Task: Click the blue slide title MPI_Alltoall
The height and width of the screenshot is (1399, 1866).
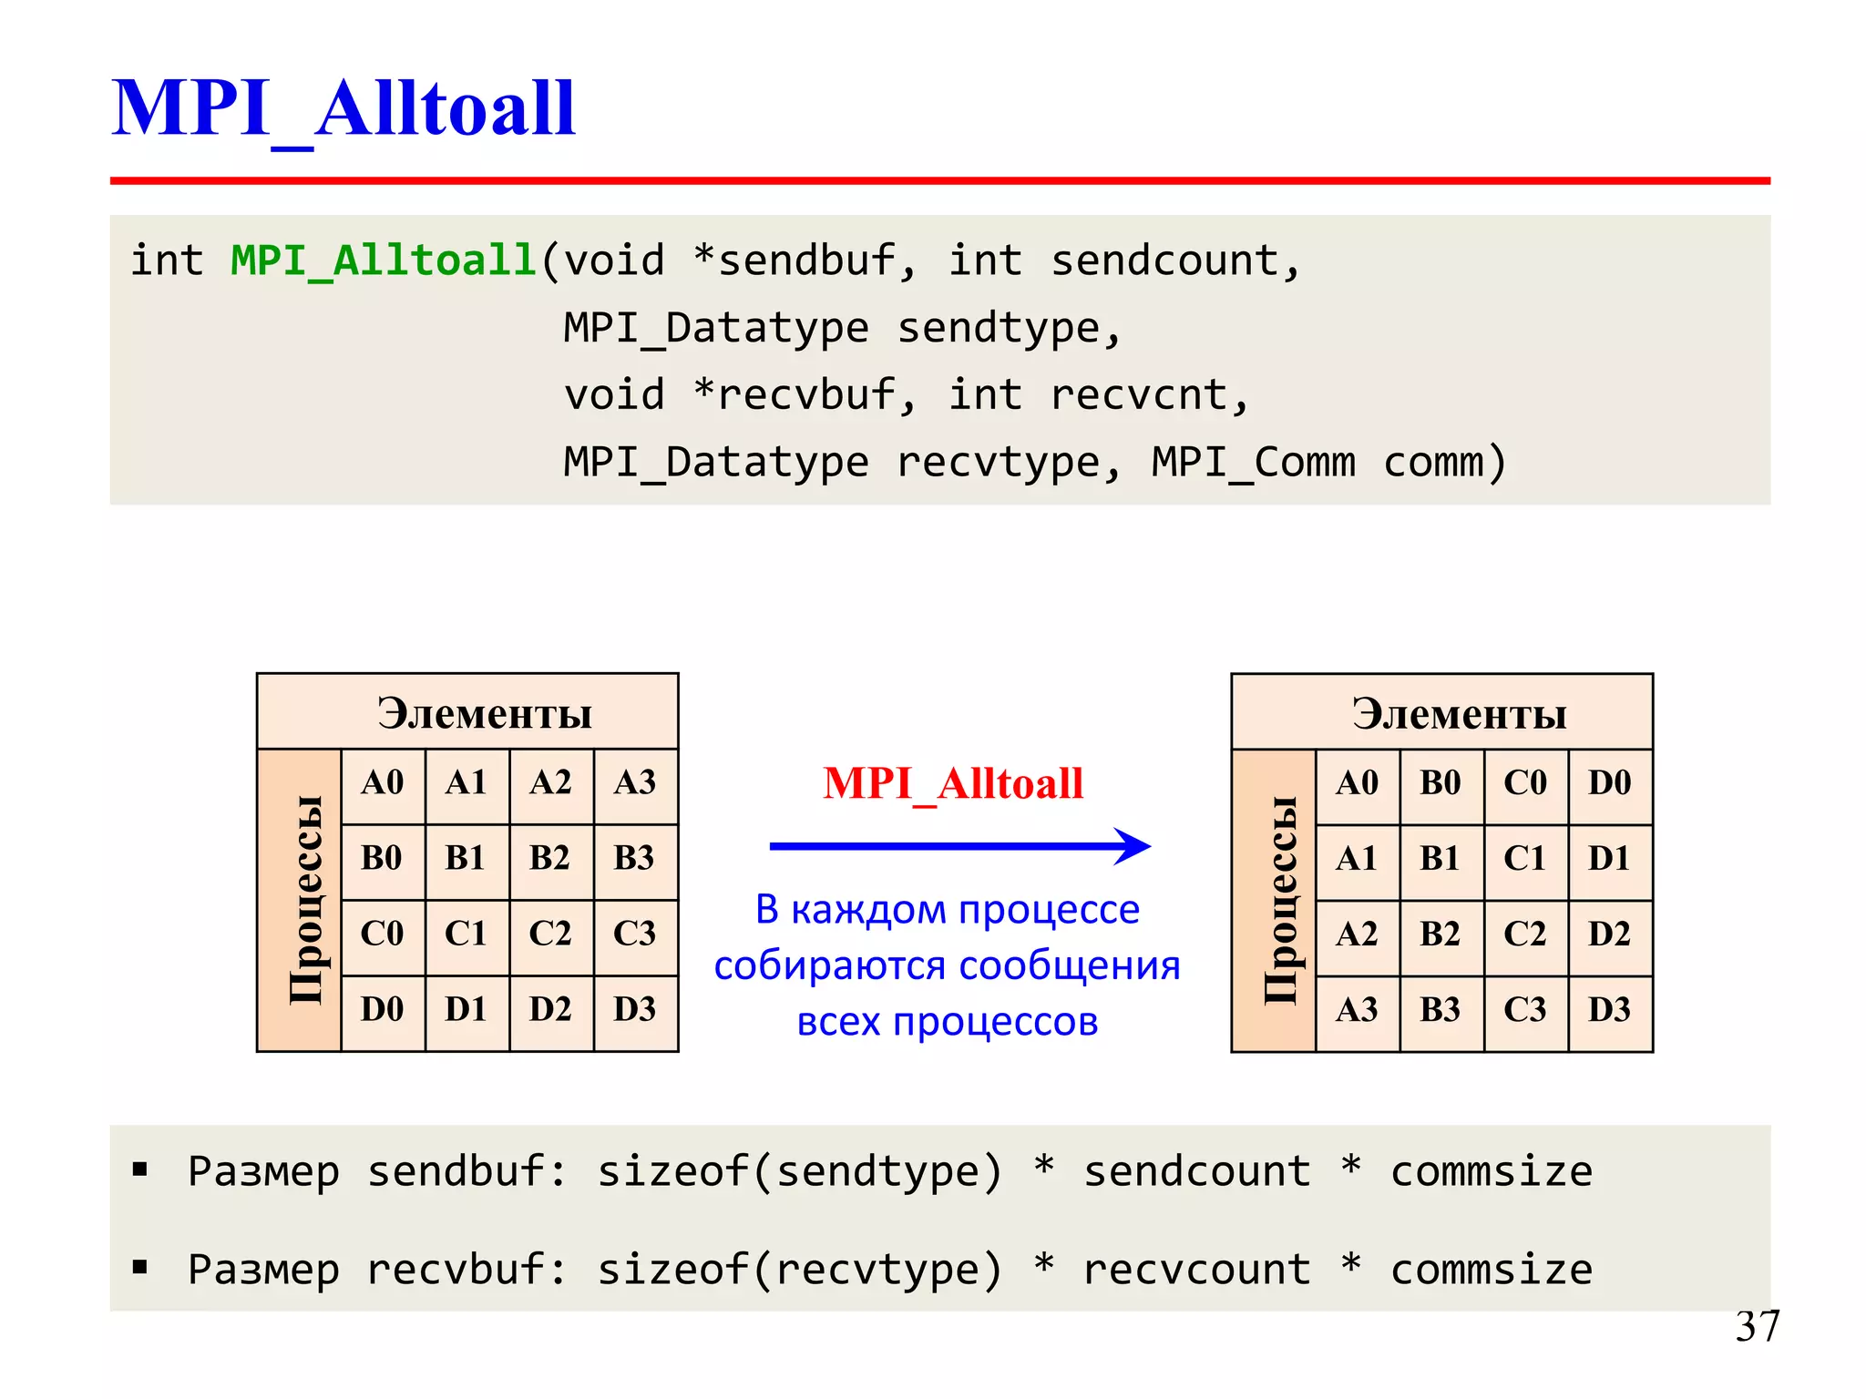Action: coord(343,108)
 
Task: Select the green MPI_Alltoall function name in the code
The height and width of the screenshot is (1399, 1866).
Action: coord(383,261)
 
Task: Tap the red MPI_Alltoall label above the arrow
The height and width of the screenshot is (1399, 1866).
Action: coord(953,783)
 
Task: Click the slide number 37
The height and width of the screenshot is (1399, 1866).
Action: coord(1757,1326)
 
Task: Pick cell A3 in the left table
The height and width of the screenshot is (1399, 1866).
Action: coord(635,782)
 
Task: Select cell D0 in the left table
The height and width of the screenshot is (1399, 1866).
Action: coord(382,1009)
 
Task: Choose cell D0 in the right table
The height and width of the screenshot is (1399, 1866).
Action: coord(1609,782)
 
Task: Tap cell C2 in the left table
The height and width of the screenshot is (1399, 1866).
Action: coord(550,934)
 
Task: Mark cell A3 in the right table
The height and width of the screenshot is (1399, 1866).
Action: coord(1357,1009)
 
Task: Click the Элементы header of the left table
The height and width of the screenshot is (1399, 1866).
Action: coord(485,713)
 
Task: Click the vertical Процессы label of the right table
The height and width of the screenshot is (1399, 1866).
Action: coord(1279,900)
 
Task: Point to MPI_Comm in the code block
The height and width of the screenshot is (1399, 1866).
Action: coord(1253,463)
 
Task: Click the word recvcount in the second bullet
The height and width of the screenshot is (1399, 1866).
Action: coord(1196,1270)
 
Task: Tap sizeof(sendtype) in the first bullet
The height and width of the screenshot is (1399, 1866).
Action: coord(799,1171)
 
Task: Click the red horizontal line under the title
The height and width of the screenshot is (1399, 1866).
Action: coord(939,181)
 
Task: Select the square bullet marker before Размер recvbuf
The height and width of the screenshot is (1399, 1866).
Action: coord(139,1267)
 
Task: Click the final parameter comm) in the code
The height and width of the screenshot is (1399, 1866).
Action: coord(1444,463)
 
